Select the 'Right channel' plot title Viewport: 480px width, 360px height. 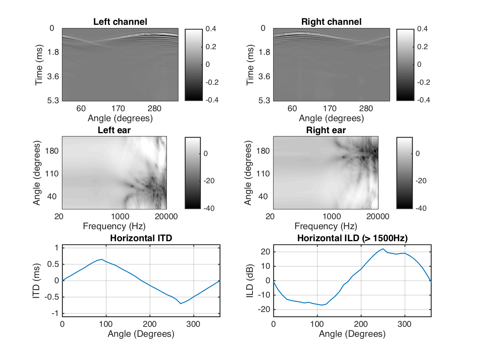click(331, 22)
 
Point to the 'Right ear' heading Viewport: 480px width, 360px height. click(326, 130)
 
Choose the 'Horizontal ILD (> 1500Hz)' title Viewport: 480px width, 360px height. click(352, 238)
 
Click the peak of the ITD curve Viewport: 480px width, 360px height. click(102, 259)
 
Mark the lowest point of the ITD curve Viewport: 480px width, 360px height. click(181, 304)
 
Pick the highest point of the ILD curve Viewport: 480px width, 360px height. click(383, 249)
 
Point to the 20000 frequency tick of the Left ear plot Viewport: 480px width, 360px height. click(166, 216)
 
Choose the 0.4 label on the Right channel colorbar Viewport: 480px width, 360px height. click(422, 29)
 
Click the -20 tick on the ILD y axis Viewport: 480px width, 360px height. click(264, 310)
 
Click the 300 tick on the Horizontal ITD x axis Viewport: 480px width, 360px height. click(194, 325)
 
